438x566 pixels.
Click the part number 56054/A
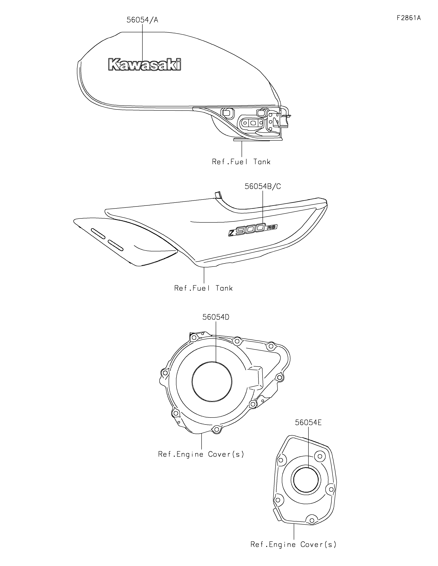(142, 20)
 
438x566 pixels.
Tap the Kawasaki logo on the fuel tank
(145, 64)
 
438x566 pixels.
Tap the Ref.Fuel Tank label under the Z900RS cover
(203, 288)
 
